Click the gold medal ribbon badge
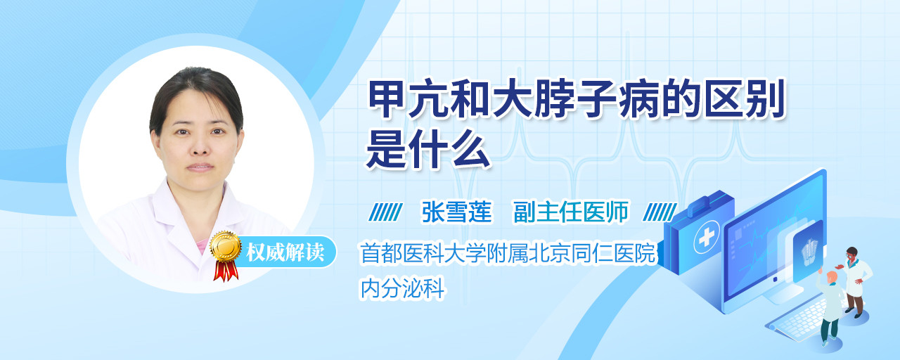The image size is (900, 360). point(226,255)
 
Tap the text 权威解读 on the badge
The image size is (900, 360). point(285,252)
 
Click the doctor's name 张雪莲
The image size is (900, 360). point(456,212)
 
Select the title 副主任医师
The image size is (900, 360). point(570,212)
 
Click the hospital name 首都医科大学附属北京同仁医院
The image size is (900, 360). point(508,252)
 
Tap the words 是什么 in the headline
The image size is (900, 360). point(428,149)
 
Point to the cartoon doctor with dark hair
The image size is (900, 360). point(855,282)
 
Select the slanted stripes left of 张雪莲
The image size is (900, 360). point(385,212)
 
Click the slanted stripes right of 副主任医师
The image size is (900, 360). point(660,212)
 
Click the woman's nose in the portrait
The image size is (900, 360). point(200,148)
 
